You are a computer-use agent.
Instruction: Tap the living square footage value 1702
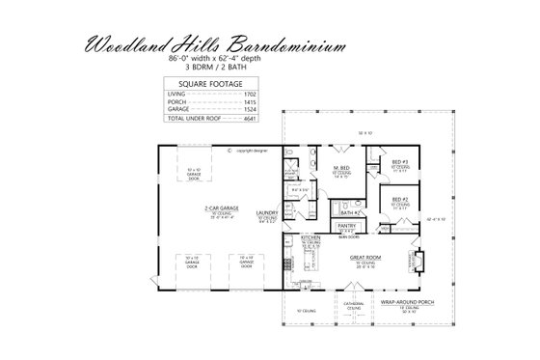pyautogui.click(x=253, y=95)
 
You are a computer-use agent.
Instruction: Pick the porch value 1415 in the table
pyautogui.click(x=253, y=102)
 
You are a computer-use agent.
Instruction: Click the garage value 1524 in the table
pyautogui.click(x=253, y=109)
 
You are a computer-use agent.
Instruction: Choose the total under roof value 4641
pyautogui.click(x=253, y=118)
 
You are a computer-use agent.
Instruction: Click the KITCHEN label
pyautogui.click(x=310, y=235)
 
